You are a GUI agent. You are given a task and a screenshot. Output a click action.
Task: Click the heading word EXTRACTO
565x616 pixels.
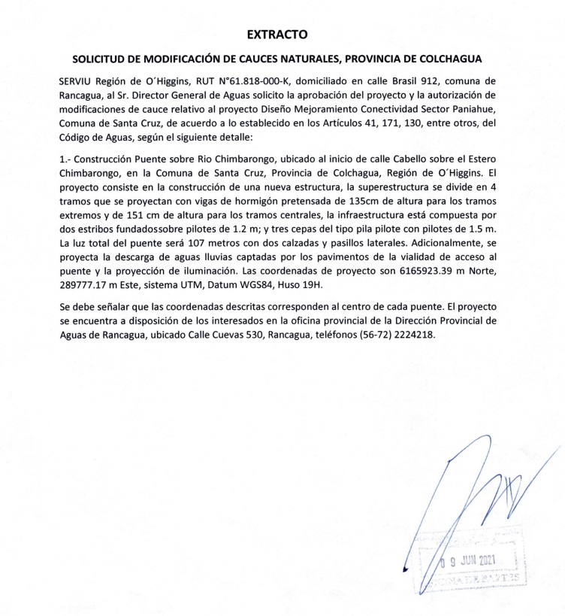[278, 34]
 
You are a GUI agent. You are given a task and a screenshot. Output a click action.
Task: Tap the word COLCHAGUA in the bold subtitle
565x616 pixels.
[444, 59]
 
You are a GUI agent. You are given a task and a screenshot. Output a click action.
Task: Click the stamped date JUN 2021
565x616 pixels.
[474, 561]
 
